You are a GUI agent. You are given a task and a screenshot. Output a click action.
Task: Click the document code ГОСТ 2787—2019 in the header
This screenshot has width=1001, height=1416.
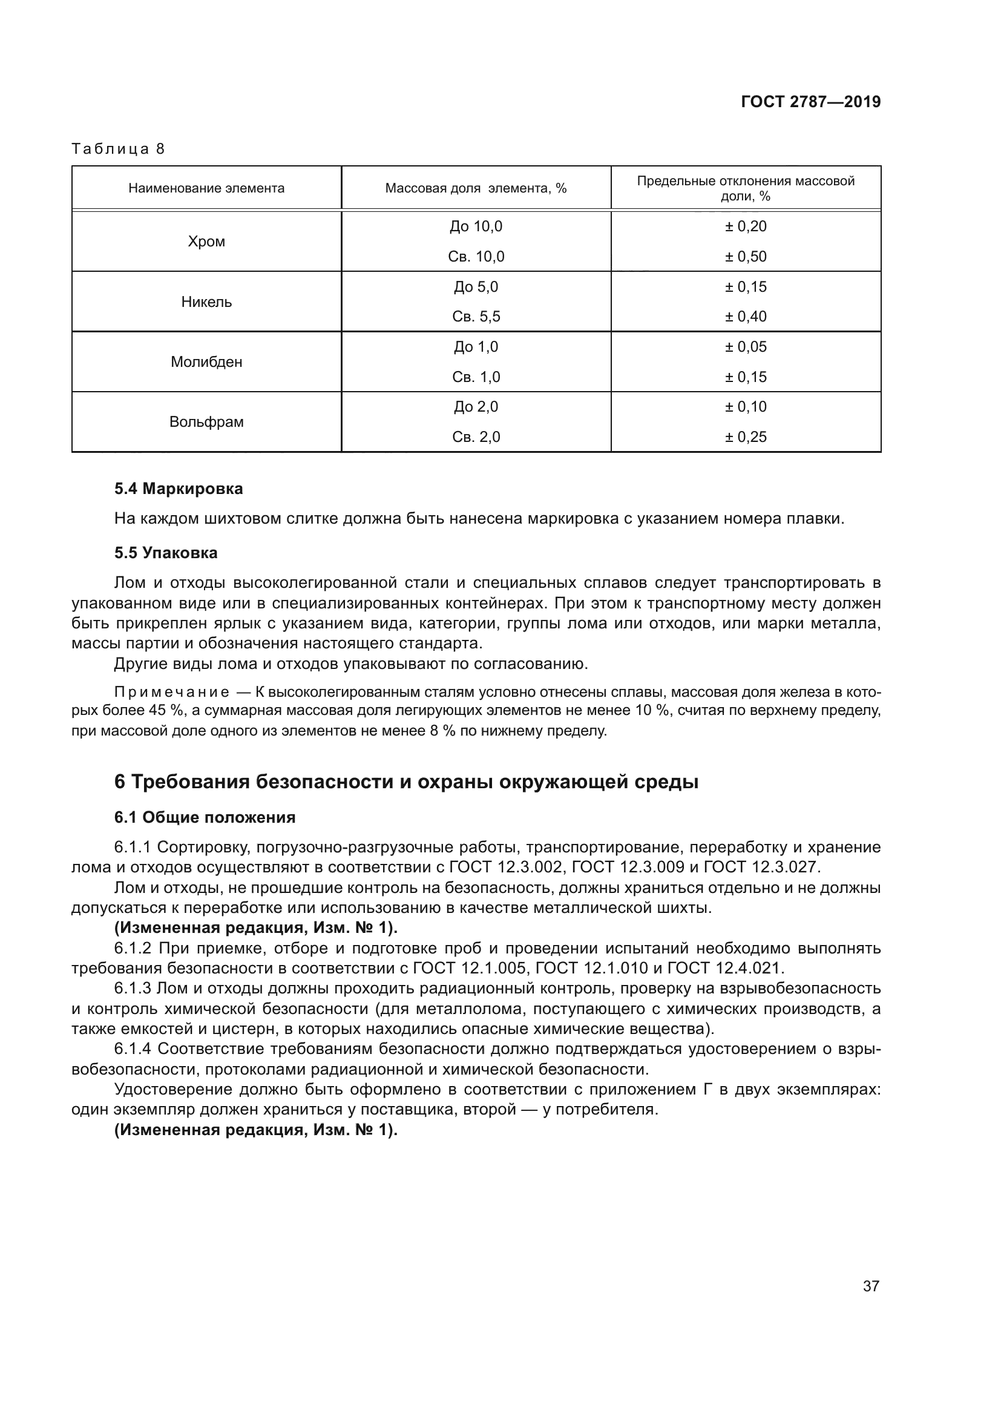[810, 102]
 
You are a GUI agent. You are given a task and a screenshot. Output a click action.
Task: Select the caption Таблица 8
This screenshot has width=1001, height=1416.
[119, 150]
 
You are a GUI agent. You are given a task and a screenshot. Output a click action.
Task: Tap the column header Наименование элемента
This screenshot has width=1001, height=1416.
[206, 188]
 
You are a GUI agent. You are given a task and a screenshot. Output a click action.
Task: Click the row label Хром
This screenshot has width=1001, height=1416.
[206, 241]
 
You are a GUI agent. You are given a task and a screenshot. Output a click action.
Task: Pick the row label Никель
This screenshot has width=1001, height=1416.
[206, 301]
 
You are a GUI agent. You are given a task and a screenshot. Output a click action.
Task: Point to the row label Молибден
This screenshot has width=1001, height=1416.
[206, 361]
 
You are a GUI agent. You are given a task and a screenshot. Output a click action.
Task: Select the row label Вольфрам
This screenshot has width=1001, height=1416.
[206, 422]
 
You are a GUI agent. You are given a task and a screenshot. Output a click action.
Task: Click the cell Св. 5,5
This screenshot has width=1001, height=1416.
[476, 317]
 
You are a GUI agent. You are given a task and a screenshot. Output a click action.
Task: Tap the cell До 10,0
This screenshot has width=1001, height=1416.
[476, 226]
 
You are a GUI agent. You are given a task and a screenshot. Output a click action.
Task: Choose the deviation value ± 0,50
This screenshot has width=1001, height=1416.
[745, 257]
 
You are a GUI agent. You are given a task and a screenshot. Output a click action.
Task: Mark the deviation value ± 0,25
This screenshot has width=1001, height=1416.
[745, 436]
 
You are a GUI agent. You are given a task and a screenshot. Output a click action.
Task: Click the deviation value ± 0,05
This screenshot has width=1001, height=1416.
[745, 347]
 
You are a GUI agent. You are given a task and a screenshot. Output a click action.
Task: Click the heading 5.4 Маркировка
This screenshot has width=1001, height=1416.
[178, 489]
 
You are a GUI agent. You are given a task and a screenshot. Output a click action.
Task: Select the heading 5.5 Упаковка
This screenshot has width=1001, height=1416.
[166, 553]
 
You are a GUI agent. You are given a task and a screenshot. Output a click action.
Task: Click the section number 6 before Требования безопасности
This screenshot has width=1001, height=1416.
[120, 782]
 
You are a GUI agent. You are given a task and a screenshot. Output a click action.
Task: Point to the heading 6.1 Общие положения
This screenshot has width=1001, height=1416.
[205, 817]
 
